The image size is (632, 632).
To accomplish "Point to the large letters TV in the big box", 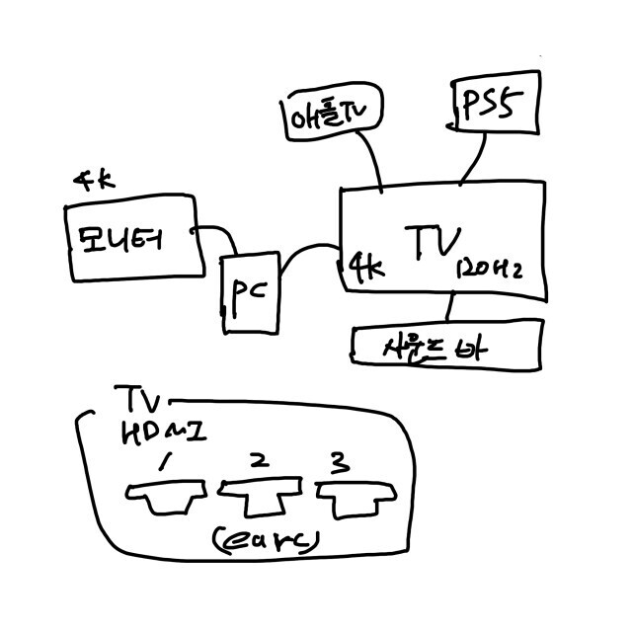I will (435, 239).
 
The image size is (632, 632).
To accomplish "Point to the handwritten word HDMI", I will (162, 434).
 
